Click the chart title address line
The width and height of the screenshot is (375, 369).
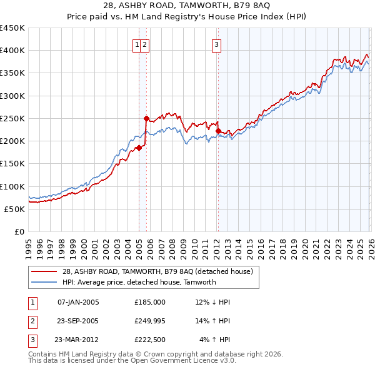click(187, 6)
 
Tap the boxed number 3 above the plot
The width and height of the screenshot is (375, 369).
click(216, 44)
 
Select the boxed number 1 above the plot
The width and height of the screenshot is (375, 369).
click(136, 44)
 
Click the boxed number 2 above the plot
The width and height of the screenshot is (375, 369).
click(144, 44)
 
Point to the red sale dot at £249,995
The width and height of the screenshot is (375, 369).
click(146, 118)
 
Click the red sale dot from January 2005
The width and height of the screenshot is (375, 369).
click(139, 148)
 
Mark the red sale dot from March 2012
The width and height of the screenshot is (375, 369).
click(218, 131)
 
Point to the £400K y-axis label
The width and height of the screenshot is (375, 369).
click(12, 51)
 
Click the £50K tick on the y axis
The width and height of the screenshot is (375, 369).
click(15, 209)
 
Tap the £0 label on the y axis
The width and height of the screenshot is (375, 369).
click(19, 231)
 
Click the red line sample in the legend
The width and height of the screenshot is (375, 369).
click(44, 271)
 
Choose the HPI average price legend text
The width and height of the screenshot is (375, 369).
click(139, 282)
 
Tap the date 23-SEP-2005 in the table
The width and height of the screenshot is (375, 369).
click(77, 321)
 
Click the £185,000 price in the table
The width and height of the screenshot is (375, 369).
click(149, 301)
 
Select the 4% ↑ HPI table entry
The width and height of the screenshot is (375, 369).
click(215, 340)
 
